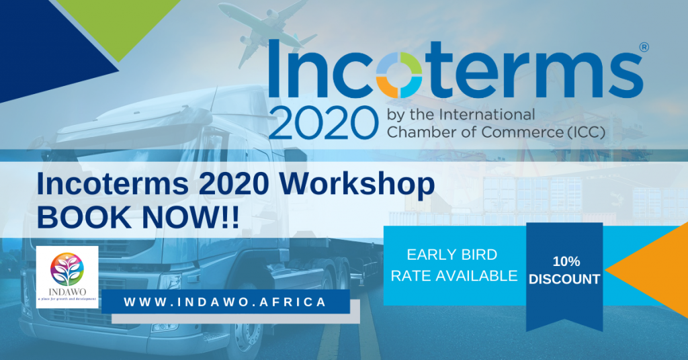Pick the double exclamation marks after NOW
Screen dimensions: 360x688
[x=228, y=218]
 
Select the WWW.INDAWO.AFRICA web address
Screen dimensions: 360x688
[x=225, y=302]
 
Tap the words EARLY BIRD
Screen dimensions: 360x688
[x=452, y=255]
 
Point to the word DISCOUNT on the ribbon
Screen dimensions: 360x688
[x=564, y=279]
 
